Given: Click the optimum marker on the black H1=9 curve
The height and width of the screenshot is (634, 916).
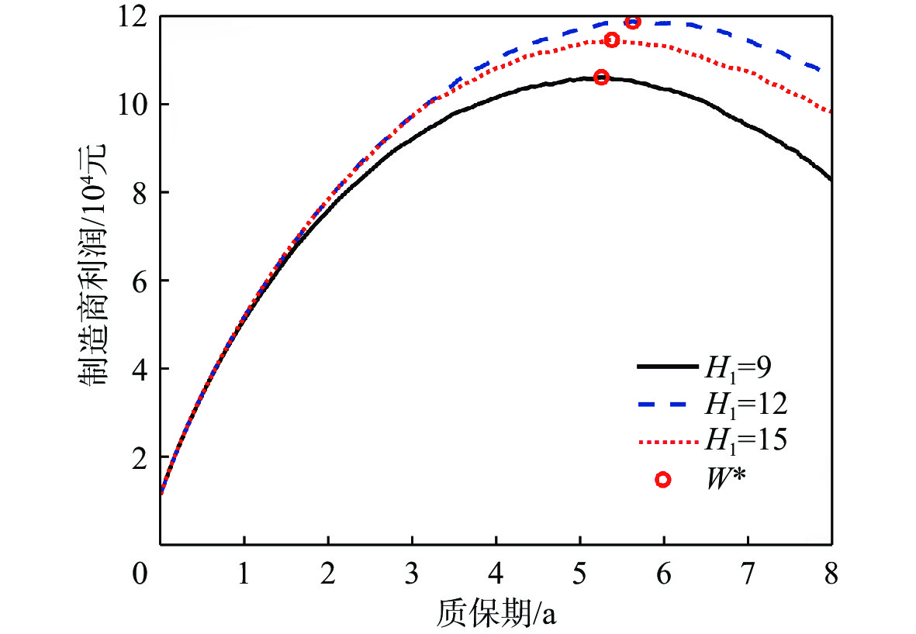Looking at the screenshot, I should (x=601, y=77).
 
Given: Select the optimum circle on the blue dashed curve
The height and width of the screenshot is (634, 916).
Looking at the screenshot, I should (x=633, y=22).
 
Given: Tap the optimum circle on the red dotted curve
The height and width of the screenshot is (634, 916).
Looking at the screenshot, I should (x=611, y=40).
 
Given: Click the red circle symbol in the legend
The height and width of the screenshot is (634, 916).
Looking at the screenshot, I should (x=662, y=480).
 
